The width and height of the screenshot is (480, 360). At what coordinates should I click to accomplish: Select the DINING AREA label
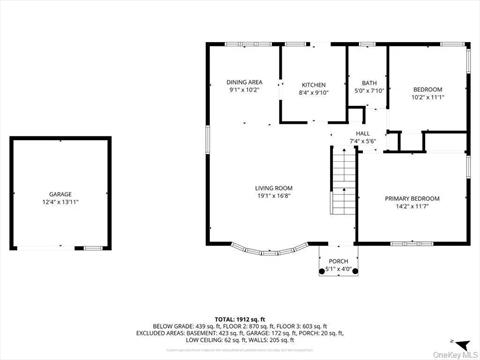[244, 82]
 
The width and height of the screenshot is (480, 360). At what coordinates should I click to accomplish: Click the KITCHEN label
[314, 85]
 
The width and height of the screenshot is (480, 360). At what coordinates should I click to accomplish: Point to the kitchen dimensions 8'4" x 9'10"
[314, 93]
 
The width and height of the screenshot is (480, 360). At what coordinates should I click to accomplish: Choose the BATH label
[369, 83]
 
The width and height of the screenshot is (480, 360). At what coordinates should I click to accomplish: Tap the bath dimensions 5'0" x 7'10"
[369, 91]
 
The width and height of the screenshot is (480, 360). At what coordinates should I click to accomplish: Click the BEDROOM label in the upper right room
[427, 89]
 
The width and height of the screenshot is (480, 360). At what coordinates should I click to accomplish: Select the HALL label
[362, 133]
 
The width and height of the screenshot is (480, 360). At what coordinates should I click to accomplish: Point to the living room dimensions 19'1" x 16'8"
[272, 196]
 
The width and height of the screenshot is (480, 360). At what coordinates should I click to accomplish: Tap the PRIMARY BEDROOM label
[412, 198]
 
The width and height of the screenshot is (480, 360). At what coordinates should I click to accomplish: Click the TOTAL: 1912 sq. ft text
[240, 318]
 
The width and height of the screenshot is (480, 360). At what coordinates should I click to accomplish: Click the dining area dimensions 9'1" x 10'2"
[244, 90]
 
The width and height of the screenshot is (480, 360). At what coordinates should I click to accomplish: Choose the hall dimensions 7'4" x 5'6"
[362, 141]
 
